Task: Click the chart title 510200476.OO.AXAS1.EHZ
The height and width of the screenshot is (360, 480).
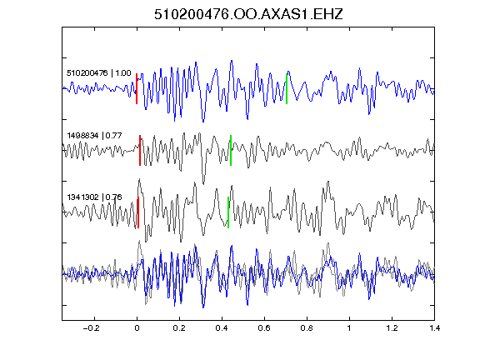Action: click(248, 14)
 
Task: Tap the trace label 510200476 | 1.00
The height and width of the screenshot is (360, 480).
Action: click(99, 73)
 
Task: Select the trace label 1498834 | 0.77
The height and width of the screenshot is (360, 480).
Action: click(94, 135)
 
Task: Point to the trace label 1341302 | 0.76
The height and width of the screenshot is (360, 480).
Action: click(94, 197)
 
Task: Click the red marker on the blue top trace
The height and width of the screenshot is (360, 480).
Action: click(137, 89)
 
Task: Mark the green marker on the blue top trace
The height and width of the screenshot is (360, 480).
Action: click(287, 89)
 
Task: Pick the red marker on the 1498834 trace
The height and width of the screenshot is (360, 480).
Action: click(140, 150)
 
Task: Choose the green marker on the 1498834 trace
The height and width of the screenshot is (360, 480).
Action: click(231, 150)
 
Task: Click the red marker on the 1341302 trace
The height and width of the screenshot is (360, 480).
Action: click(138, 212)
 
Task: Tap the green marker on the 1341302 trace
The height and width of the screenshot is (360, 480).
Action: click(228, 212)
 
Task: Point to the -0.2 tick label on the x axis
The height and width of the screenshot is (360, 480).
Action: click(91, 328)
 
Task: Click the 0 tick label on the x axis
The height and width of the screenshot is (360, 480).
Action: click(137, 328)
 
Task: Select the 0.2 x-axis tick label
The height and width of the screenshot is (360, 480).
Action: click(179, 328)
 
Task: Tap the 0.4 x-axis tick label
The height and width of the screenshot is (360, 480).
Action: click(222, 328)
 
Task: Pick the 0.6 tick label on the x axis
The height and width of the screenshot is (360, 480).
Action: click(264, 328)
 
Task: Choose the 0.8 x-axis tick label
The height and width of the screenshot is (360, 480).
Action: click(307, 328)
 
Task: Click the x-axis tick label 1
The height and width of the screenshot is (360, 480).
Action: click(349, 328)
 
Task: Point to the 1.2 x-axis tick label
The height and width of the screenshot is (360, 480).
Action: click(392, 328)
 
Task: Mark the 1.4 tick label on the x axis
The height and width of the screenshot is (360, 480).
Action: click(434, 328)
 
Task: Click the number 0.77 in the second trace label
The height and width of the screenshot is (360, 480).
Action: click(113, 135)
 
